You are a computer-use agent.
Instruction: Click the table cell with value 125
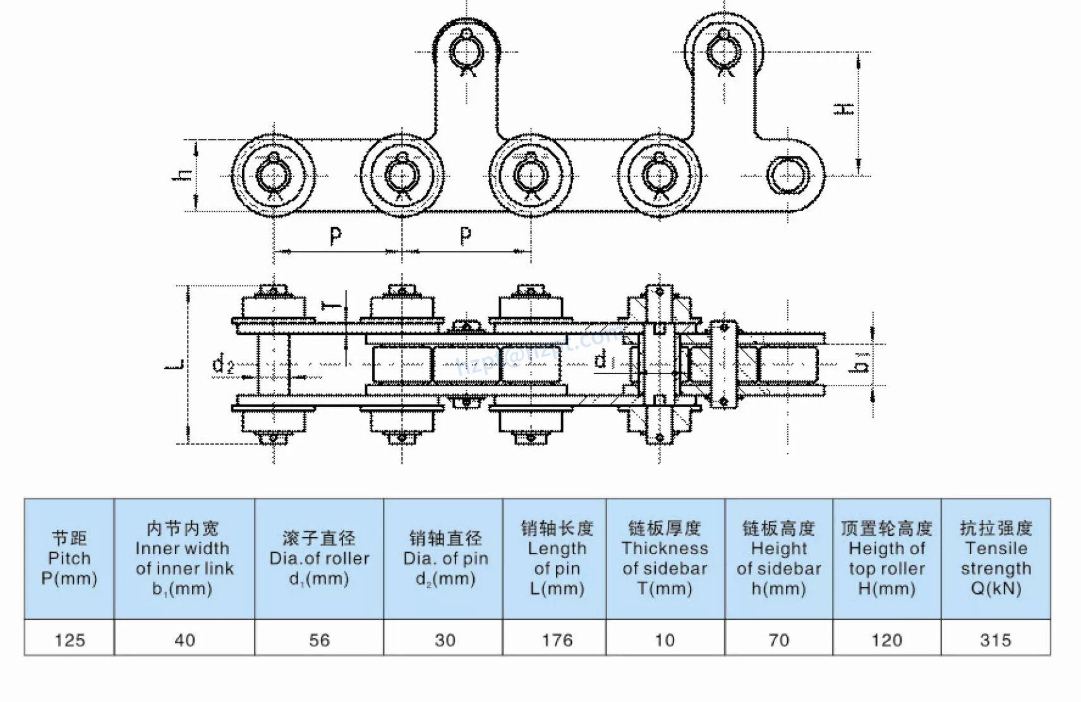point(69,639)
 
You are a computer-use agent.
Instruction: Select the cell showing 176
point(557,639)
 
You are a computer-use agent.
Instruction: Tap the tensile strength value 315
point(995,639)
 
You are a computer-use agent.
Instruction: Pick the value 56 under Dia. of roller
point(319,639)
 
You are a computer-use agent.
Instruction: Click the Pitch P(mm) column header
point(69,559)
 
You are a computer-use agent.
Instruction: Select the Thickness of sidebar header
point(665,559)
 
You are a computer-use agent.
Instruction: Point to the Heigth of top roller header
point(886,559)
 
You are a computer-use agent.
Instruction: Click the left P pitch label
point(335,236)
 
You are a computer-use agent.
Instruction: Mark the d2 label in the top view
point(222,365)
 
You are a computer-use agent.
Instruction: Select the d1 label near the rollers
point(602,360)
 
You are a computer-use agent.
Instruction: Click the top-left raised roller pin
point(467,50)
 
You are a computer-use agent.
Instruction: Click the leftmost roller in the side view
point(273,174)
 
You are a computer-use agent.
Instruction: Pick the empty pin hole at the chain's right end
point(787,175)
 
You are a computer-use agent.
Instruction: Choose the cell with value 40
point(184,639)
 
